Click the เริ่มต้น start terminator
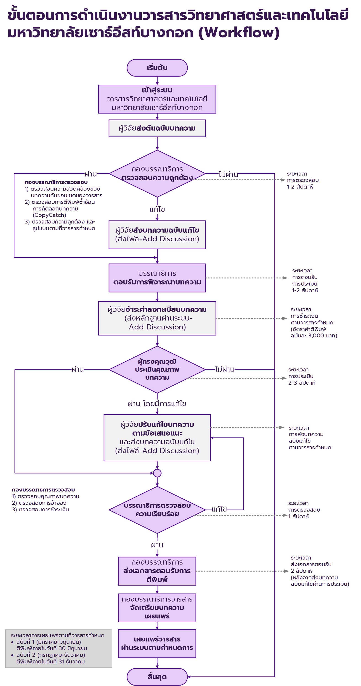point(157,68)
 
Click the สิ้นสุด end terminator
point(157,676)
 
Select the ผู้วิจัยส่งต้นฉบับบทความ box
point(157,128)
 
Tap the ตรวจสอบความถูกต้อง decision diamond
point(157,174)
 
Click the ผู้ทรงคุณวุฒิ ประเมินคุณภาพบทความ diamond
point(157,370)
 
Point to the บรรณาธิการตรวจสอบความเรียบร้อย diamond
point(157,510)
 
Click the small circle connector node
point(157,473)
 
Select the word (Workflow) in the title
point(239,32)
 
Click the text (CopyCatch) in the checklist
point(49,215)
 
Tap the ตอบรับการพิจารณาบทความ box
point(157,278)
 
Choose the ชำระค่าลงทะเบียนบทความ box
point(157,318)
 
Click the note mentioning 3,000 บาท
point(314,322)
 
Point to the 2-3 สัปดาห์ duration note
point(302,376)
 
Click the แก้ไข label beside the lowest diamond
point(219,509)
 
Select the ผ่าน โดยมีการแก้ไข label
point(157,404)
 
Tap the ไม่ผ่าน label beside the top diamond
point(228,174)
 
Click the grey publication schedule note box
point(59,649)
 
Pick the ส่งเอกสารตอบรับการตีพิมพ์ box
point(157,571)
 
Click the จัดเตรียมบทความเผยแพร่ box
point(157,608)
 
